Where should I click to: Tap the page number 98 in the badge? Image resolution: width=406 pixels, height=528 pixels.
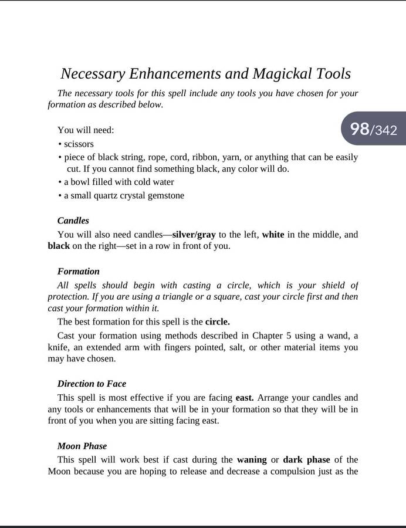[x=359, y=128]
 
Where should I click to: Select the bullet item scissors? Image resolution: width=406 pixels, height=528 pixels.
[x=79, y=144]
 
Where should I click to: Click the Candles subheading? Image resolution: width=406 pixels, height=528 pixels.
[x=73, y=221]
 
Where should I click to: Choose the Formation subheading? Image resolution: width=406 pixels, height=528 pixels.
[x=79, y=271]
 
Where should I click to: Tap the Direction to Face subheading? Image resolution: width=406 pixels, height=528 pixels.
[x=92, y=384]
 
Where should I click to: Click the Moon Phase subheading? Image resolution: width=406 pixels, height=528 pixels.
[x=82, y=446]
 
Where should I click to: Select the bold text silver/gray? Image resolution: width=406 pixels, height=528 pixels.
[x=194, y=235]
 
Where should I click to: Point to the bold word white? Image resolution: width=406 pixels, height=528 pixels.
[x=273, y=235]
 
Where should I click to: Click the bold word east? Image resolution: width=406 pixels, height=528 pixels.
[x=245, y=398]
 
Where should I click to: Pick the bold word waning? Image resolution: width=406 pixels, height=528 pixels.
[x=252, y=459]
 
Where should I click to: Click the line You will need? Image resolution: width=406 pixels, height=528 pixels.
[x=86, y=130]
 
